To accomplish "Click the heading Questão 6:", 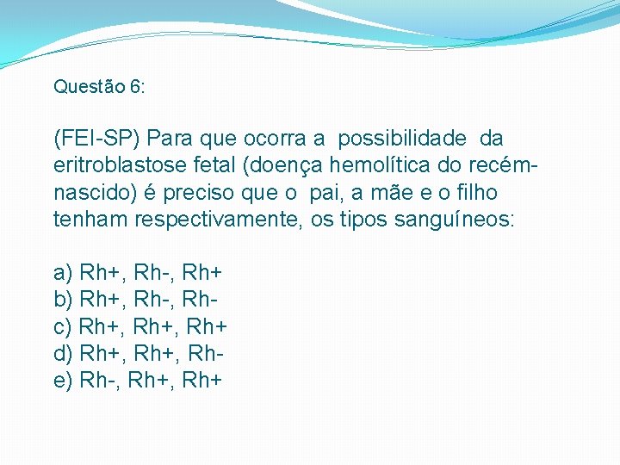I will point(99,87).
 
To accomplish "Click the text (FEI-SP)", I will point(96,138).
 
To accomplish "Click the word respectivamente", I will point(216,220).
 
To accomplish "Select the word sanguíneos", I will point(455,220).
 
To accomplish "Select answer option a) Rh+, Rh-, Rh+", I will point(138,274).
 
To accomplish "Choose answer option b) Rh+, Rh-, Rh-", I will point(134,301).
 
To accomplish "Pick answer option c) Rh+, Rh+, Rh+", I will point(139,327).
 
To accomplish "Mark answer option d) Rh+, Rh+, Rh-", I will point(136,354).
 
